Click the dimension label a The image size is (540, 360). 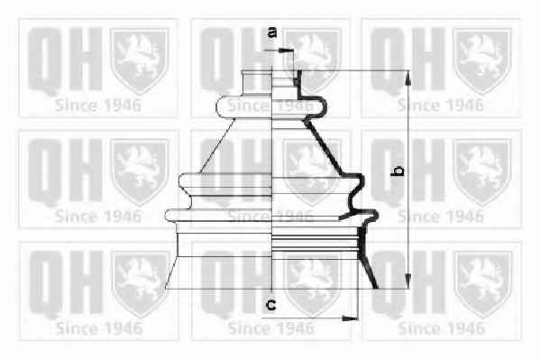coord(272,32)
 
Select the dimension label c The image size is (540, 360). coord(271,304)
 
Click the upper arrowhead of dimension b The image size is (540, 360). coord(407,78)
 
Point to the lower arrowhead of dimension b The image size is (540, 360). coord(407,281)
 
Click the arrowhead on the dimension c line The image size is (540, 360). coord(350,318)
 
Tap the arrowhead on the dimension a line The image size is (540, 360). coord(285,51)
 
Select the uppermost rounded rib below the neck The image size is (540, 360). coord(271,106)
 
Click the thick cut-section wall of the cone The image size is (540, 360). coord(324,145)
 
